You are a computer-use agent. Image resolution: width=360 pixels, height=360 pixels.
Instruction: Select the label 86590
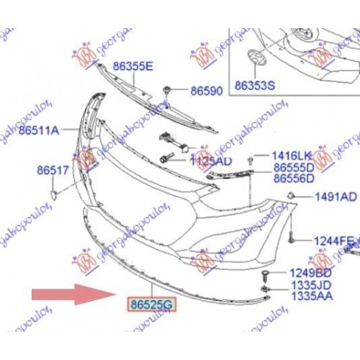[x=208, y=91]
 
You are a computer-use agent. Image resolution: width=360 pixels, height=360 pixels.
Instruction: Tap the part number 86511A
[x=39, y=131]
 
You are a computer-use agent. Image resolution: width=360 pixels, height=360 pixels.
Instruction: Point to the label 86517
[x=52, y=171]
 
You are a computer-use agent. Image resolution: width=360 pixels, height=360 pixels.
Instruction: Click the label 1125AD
[x=211, y=163]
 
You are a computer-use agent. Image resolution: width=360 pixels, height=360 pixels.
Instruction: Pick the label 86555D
[x=293, y=167]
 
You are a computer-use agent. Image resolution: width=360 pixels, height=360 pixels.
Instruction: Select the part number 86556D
[x=293, y=178]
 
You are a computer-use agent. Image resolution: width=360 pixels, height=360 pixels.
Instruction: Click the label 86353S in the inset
[x=255, y=85]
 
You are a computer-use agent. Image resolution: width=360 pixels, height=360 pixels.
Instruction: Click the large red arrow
[x=68, y=294]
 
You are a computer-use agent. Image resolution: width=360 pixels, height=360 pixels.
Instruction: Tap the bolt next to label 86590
[x=167, y=90]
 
